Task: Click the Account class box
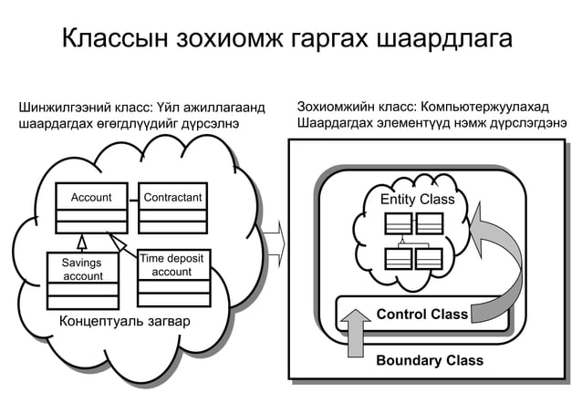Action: point(90,210)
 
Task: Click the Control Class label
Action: point(421,315)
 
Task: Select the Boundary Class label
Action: point(429,360)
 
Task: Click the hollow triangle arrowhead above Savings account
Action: point(81,242)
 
